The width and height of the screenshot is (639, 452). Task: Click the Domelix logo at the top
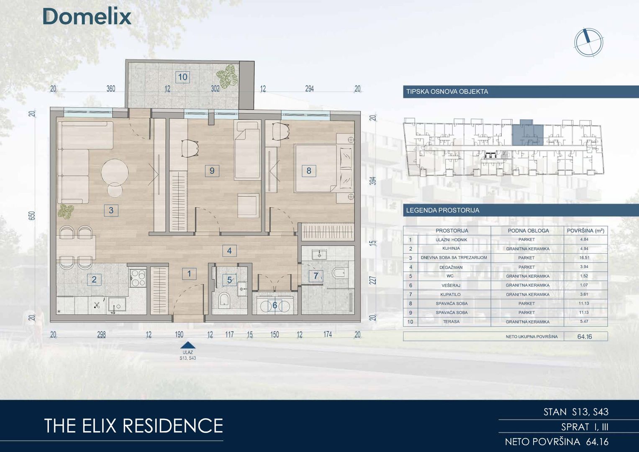pyautogui.click(x=87, y=17)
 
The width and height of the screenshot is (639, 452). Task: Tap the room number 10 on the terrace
pyautogui.click(x=182, y=77)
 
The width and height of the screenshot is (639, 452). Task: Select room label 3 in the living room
pyautogui.click(x=111, y=210)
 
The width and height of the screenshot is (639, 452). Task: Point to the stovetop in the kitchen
pyautogui.click(x=138, y=277)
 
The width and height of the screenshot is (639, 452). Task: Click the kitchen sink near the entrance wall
pyautogui.click(x=117, y=304)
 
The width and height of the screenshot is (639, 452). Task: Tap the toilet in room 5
pyautogui.click(x=224, y=301)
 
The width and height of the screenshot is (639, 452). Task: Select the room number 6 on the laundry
pyautogui.click(x=275, y=306)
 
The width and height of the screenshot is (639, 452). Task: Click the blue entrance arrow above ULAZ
pyautogui.click(x=188, y=346)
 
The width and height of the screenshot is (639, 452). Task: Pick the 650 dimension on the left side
pyautogui.click(x=32, y=215)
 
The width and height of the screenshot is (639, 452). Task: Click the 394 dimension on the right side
pyautogui.click(x=373, y=181)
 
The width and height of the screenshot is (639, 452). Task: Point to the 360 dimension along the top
pyautogui.click(x=111, y=89)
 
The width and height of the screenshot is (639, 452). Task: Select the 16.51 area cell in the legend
pyautogui.click(x=584, y=257)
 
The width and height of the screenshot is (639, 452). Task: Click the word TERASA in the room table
pyautogui.click(x=451, y=321)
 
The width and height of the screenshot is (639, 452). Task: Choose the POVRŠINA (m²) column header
pyautogui.click(x=586, y=231)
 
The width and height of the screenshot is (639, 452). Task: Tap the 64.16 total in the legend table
pyautogui.click(x=585, y=337)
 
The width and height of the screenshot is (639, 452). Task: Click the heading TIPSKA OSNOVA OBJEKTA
pyautogui.click(x=447, y=92)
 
